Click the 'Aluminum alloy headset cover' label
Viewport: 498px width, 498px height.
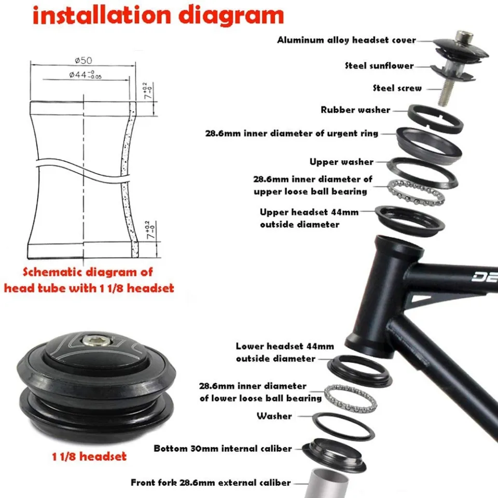tap(346, 40)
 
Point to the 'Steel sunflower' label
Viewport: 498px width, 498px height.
tap(379, 65)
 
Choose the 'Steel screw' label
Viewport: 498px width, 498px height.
tap(397, 88)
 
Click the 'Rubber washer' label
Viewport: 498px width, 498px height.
tap(355, 110)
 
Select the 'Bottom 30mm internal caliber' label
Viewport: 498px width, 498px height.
tap(223, 448)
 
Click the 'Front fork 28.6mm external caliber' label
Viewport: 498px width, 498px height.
tap(211, 482)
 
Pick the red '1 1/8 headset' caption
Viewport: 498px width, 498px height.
tap(89, 457)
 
